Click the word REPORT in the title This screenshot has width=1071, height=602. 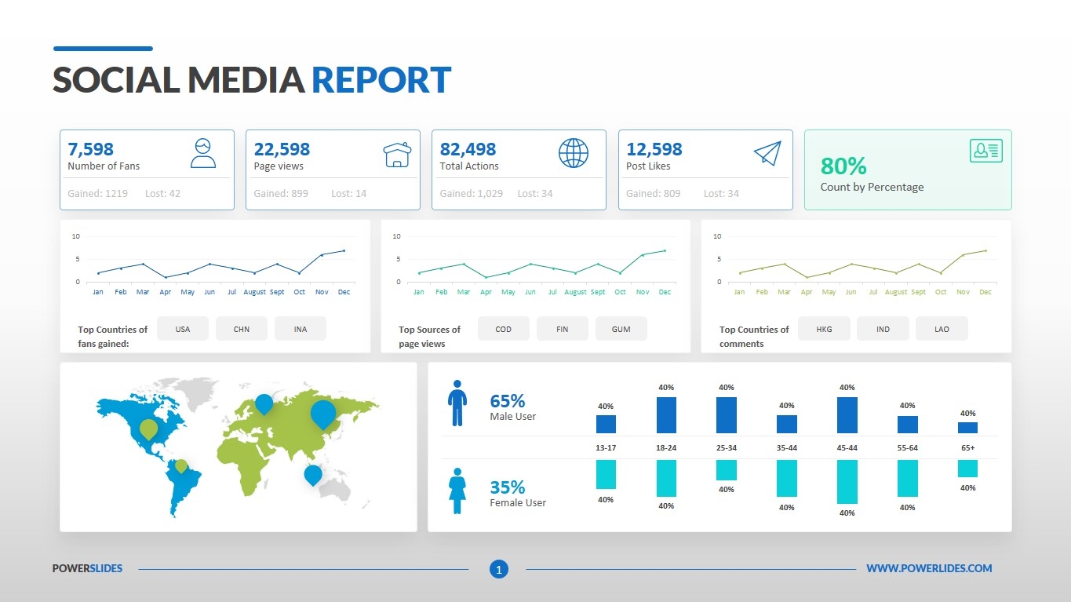[381, 80]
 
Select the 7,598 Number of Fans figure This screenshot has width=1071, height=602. [91, 149]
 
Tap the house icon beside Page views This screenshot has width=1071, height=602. [397, 154]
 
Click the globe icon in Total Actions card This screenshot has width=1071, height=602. [574, 153]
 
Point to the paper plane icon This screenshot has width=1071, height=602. [767, 153]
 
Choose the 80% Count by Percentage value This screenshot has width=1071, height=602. [843, 166]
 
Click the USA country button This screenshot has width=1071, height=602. [183, 329]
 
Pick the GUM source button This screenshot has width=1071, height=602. [621, 329]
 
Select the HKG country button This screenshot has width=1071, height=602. [824, 329]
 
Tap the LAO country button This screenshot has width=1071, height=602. [942, 329]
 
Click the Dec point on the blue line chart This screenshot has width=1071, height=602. [344, 251]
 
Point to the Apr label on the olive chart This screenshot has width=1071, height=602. [807, 292]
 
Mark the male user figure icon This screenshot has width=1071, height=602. [457, 404]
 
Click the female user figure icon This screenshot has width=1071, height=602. [457, 491]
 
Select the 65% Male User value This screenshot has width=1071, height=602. [507, 401]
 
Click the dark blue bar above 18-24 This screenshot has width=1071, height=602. [666, 415]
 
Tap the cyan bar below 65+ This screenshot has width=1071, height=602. [967, 469]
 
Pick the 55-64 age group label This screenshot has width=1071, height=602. [907, 447]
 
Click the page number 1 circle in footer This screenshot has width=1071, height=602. [499, 569]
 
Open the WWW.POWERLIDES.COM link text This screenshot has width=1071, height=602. [929, 568]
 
